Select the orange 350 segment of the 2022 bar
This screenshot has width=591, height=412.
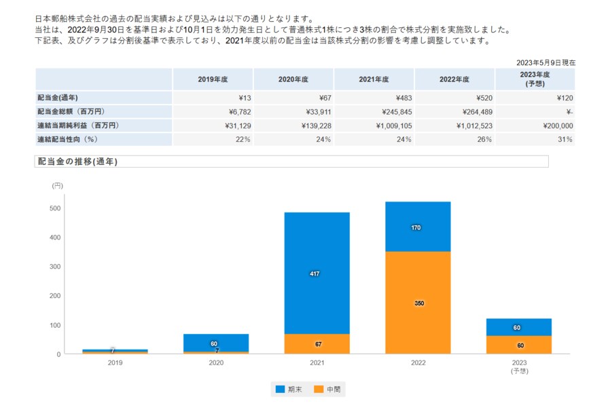[x=418, y=302]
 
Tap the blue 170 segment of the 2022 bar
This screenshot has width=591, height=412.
[x=418, y=227]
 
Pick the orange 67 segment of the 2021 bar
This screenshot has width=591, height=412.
[x=317, y=343]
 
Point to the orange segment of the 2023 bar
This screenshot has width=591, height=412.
[x=519, y=345]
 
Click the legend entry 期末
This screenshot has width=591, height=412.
[x=287, y=390]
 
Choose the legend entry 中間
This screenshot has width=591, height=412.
[x=327, y=390]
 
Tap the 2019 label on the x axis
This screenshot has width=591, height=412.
[x=115, y=363]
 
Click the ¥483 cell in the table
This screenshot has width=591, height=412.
[x=374, y=98]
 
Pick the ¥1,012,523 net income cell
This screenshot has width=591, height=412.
[x=454, y=126]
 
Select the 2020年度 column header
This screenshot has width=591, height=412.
[x=293, y=79]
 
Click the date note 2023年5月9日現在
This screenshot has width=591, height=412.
[x=545, y=62]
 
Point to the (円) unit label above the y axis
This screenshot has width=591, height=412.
[x=57, y=185]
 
